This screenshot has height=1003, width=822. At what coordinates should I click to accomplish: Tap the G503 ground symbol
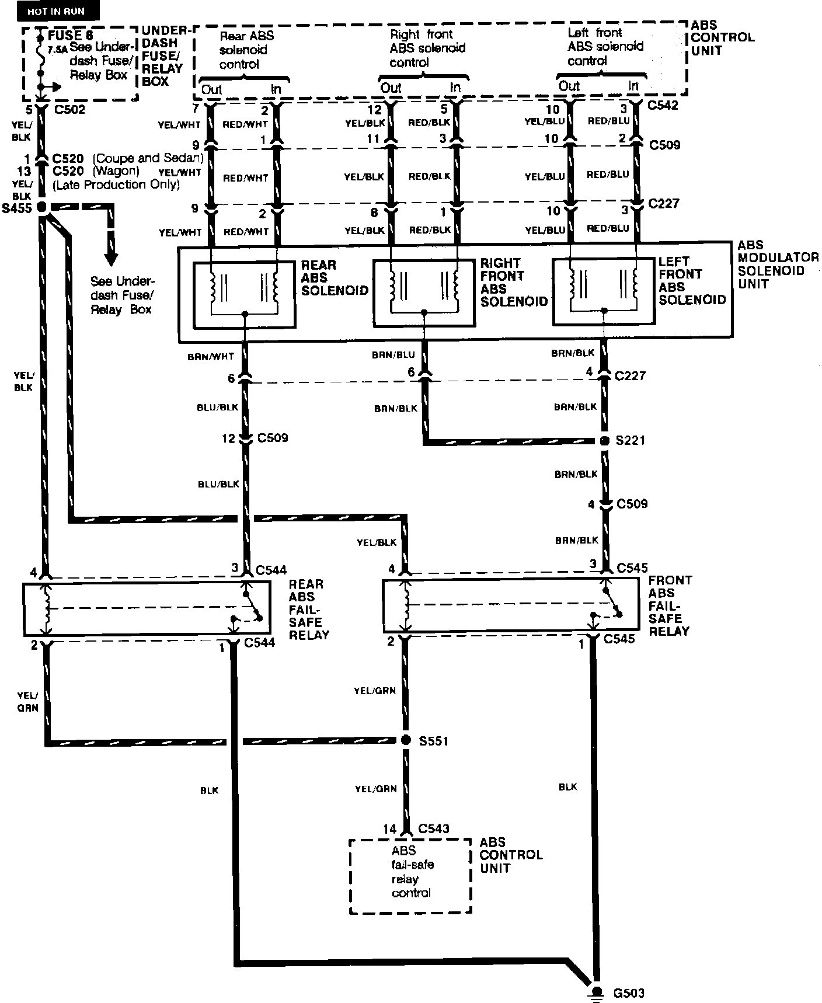click(597, 991)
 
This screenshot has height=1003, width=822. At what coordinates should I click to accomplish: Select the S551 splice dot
click(406, 740)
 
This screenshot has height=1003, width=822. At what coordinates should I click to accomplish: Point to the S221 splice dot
click(605, 440)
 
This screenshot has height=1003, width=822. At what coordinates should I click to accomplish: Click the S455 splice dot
click(41, 207)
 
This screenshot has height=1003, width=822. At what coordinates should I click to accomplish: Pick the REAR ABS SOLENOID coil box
click(244, 294)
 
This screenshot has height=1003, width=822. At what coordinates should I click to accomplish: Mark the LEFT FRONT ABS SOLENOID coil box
click(604, 291)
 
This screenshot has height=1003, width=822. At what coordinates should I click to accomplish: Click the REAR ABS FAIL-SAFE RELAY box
click(145, 608)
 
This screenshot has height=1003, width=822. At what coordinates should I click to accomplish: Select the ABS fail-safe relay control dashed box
click(410, 876)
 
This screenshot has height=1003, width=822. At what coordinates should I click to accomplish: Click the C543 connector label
click(434, 829)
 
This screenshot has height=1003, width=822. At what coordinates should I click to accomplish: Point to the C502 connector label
click(68, 110)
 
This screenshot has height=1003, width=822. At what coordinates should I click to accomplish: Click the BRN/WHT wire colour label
click(211, 356)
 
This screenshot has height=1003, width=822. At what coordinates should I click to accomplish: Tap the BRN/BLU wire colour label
click(393, 355)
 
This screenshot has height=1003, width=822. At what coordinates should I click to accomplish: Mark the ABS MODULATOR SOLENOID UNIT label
click(778, 264)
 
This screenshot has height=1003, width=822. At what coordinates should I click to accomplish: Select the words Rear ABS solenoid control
click(246, 50)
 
